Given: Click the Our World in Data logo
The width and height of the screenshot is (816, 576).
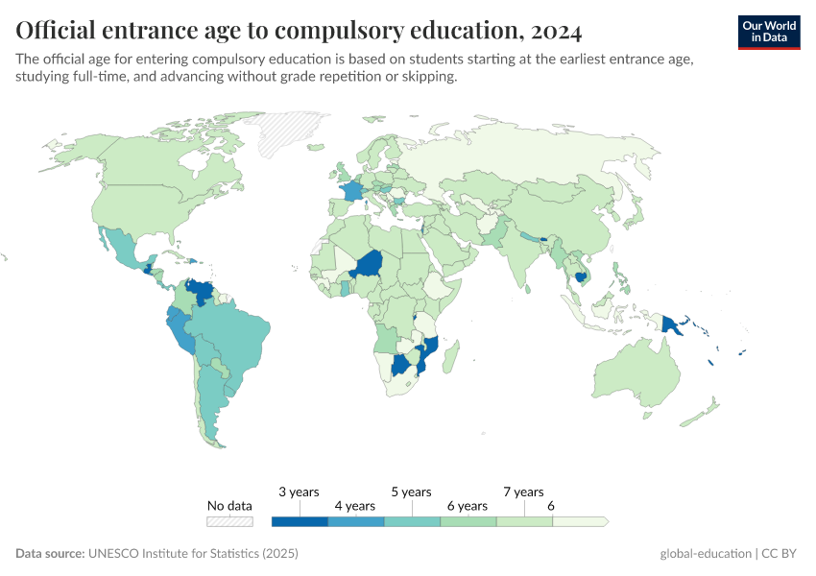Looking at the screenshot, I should pos(769,32).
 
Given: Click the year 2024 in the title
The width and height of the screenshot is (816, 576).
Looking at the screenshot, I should pos(553,32).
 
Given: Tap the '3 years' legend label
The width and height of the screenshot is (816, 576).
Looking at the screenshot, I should pos(299,492).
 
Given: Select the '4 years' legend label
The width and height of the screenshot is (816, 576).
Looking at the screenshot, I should pos(354,506).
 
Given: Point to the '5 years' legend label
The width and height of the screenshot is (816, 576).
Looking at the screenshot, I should pos(411,492).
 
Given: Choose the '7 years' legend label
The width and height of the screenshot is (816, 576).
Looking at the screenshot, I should pos(523,492).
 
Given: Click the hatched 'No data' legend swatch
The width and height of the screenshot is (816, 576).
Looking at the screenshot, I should pos(230,521).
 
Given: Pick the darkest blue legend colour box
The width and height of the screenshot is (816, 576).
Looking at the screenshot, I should pos(300,521).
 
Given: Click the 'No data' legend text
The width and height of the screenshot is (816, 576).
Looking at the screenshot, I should pos(230,506).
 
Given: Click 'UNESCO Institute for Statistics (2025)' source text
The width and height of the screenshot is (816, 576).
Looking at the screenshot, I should pos(193,554).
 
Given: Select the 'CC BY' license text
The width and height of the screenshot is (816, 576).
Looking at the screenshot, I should pos(782,554).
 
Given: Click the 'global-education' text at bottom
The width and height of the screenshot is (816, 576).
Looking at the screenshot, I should pos(706,554).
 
